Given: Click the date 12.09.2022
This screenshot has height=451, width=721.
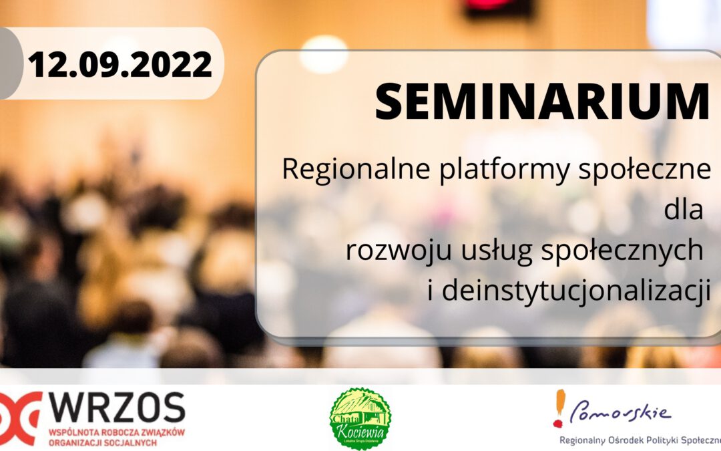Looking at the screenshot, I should pyautogui.click(x=119, y=65).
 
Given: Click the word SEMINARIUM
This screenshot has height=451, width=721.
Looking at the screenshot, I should pyautogui.click(x=541, y=102).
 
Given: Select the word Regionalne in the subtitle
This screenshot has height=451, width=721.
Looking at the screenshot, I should pyautogui.click(x=356, y=170).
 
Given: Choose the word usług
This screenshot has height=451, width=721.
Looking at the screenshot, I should pyautogui.click(x=485, y=251).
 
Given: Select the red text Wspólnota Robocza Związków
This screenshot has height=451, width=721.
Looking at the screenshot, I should pyautogui.click(x=116, y=432).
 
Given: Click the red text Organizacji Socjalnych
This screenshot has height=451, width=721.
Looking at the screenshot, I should pyautogui.click(x=100, y=442).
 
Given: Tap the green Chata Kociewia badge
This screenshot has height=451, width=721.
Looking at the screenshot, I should pyautogui.click(x=360, y=418).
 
